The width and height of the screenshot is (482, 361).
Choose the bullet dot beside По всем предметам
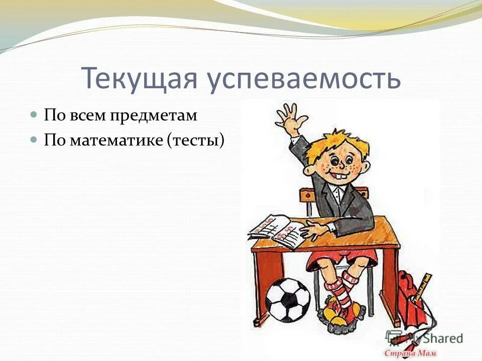34,115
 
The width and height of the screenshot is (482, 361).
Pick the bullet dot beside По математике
34,139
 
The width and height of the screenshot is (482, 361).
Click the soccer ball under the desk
287,299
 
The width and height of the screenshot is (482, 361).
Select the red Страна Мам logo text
408,352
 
